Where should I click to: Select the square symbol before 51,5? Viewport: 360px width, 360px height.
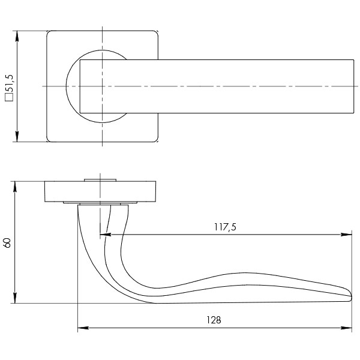click(x=10, y=95)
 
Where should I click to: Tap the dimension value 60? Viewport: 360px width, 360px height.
click(x=7, y=242)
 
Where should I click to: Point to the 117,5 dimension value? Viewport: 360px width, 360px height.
click(x=225, y=227)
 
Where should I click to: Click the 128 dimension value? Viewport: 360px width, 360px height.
click(x=213, y=320)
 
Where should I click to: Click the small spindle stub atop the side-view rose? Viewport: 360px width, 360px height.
click(x=101, y=179)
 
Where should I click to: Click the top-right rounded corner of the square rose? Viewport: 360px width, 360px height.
click(x=155, y=34)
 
